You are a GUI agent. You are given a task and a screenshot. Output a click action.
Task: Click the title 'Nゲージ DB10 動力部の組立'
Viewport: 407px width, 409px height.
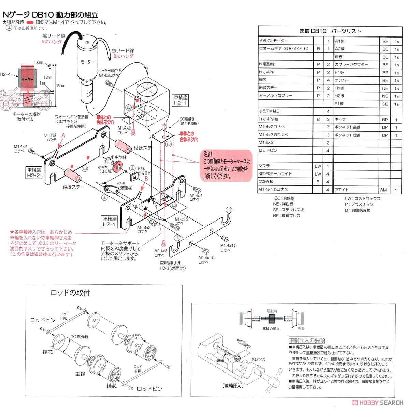[50, 15]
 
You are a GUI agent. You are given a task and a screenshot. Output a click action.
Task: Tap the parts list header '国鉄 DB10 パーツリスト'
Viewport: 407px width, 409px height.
[330, 31]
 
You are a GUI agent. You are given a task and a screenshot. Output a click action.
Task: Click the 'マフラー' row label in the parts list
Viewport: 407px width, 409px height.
[266, 166]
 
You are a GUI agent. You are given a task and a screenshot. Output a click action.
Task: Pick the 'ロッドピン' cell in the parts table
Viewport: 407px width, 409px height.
[268, 150]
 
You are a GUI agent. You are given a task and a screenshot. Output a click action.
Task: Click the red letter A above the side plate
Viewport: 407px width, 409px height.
[63, 135]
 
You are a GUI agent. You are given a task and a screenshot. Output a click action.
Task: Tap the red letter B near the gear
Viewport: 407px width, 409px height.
[146, 178]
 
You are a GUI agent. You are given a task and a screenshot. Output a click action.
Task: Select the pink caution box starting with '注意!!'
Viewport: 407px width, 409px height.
[226, 165]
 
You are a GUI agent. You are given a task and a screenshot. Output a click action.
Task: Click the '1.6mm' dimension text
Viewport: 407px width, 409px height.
[39, 63]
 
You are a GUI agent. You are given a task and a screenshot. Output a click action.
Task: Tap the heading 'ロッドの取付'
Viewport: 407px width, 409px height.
[70, 293]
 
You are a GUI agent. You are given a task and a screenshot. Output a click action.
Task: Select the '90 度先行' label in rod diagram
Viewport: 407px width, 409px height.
[79, 336]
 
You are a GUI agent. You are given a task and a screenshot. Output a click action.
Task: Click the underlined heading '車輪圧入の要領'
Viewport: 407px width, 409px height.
[307, 340]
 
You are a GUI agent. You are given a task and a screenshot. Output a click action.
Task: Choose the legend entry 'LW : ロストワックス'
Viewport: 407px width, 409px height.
[362, 198]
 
